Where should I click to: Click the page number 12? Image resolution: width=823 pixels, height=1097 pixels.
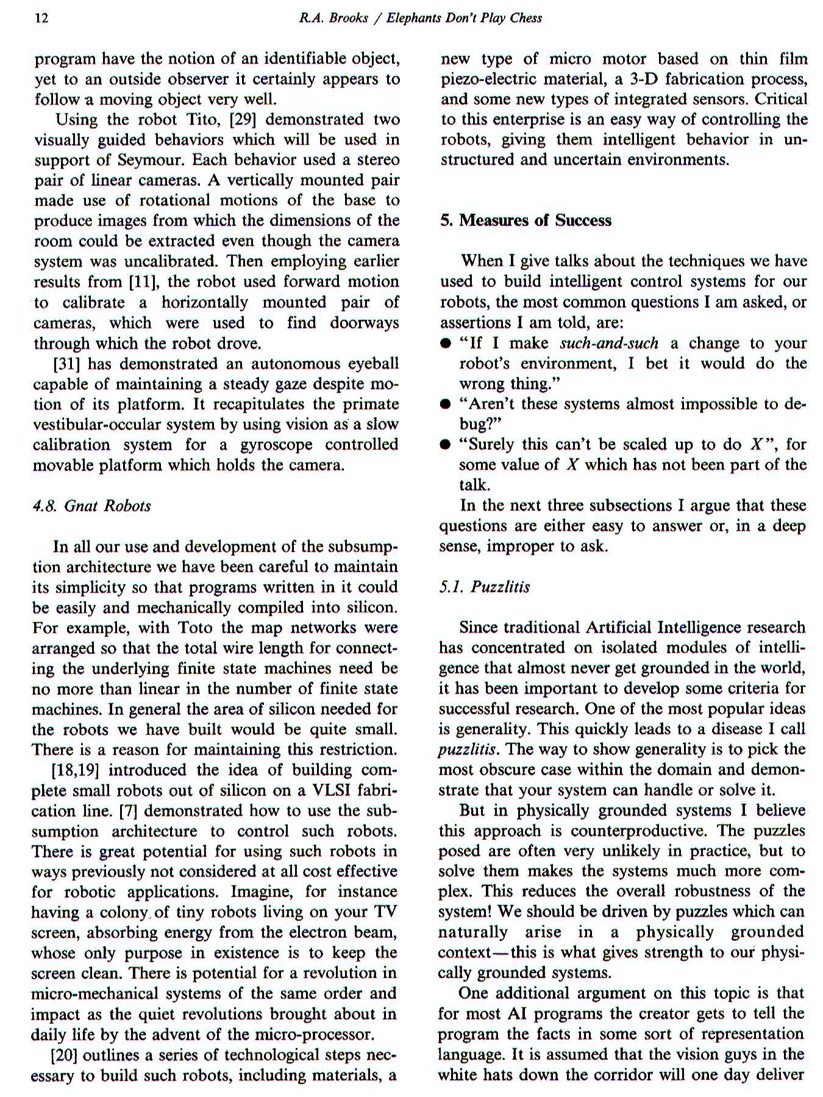coord(41,18)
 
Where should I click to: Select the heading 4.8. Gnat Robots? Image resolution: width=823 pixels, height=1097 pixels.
coord(91,506)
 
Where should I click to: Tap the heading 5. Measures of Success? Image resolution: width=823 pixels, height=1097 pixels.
coord(526,221)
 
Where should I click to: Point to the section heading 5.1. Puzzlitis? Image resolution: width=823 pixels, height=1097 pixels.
coord(485,588)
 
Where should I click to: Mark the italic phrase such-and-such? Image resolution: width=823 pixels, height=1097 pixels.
coord(608,343)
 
